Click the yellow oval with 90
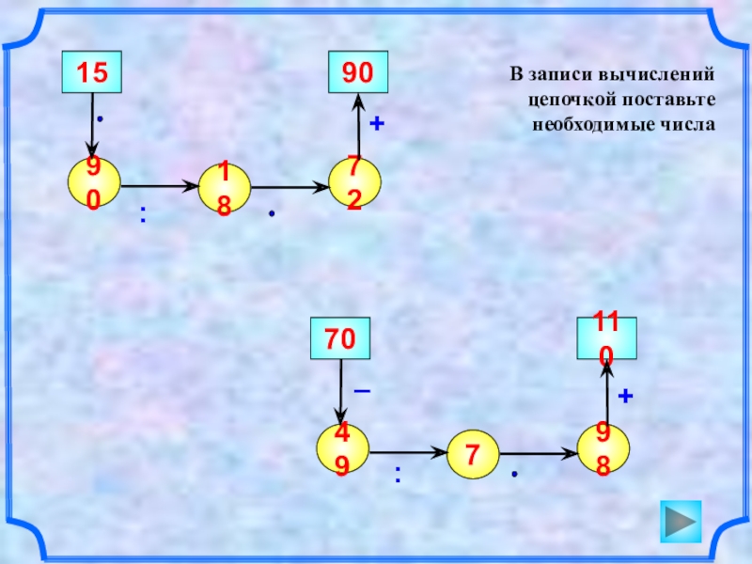pyautogui.click(x=93, y=182)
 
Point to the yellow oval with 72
pyautogui.click(x=354, y=182)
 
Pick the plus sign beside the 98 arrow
pyautogui.click(x=625, y=398)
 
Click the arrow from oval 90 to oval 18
pyautogui.click(x=160, y=185)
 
